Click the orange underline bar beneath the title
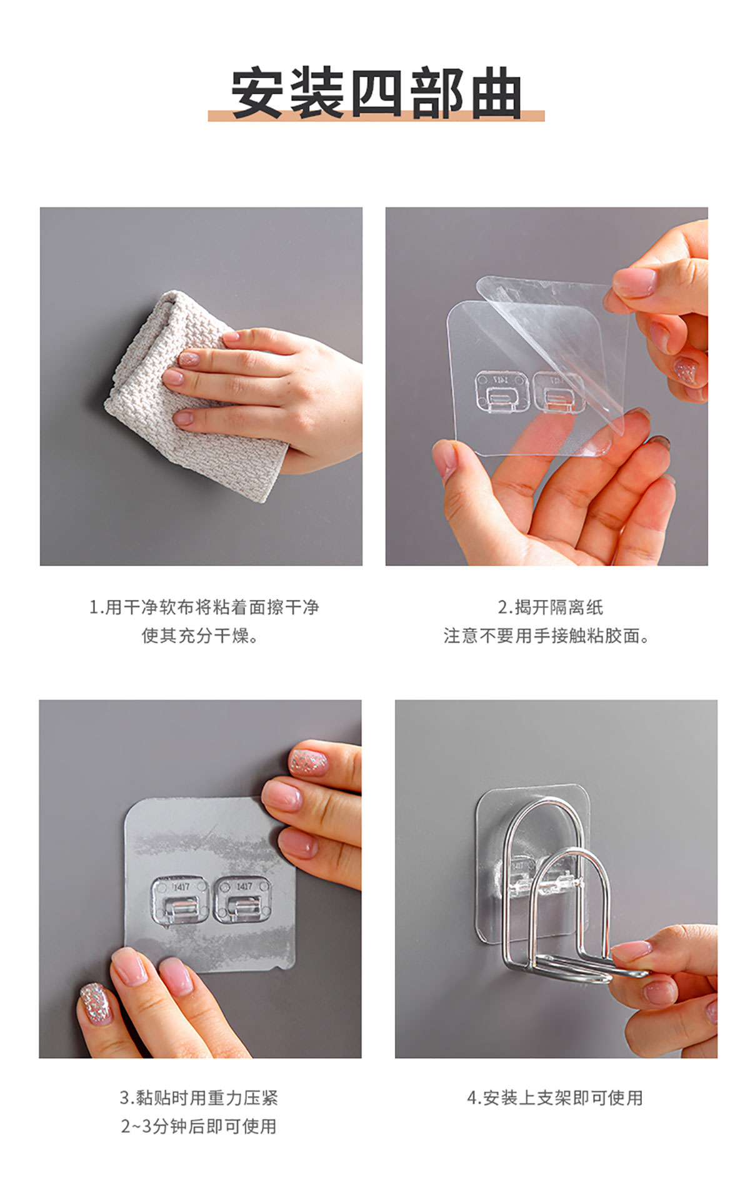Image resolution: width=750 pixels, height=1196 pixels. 376,116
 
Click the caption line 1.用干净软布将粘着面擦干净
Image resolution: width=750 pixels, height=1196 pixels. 204,607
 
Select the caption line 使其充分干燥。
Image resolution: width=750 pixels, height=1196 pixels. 200,635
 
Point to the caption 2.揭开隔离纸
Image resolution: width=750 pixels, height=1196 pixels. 551,607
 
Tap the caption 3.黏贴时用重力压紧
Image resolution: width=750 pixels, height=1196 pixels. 199,1098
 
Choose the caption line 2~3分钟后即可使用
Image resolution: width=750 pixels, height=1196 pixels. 199,1126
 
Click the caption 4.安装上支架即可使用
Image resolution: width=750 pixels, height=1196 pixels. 555,1098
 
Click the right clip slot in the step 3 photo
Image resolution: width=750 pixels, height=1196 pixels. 242,900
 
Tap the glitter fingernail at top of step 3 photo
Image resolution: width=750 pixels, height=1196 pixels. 308,762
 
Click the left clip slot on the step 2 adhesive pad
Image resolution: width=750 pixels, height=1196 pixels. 502,392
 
